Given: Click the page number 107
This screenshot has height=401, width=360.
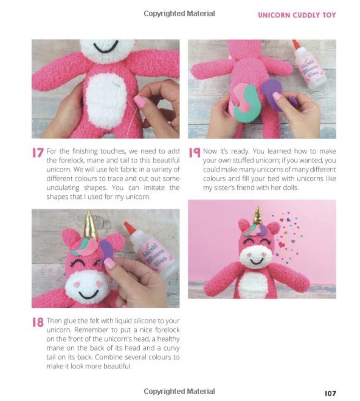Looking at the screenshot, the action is [330, 393].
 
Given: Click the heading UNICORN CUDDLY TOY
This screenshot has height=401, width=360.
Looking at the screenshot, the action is [297, 15].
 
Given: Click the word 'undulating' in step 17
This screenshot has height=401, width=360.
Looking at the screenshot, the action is [63, 188].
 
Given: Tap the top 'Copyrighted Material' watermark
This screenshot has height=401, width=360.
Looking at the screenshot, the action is [179, 14].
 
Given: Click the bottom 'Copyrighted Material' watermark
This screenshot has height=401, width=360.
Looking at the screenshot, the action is [179, 391].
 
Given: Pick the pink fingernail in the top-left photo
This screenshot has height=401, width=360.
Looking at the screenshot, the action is [140, 101].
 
